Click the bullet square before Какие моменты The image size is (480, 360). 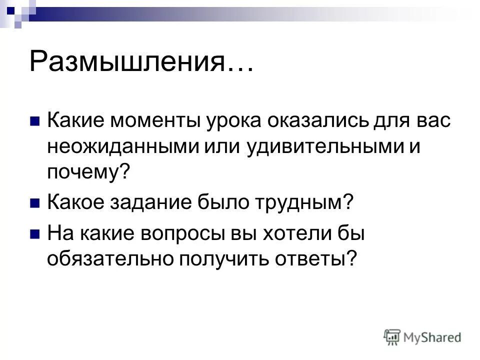pos(35,121)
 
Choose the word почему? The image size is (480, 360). pos(88,172)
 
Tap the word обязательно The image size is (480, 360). pos(104,258)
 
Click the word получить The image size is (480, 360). pos(212,258)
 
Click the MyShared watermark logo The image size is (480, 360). pos(422,336)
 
